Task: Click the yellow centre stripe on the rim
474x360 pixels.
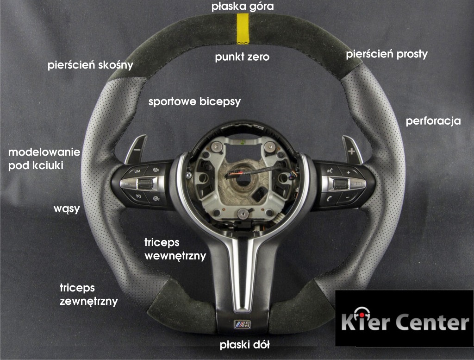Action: [x=242, y=29]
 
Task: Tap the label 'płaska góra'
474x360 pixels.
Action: [x=243, y=6]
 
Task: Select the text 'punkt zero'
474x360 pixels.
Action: [x=242, y=57]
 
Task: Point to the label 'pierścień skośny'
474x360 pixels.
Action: [x=90, y=65]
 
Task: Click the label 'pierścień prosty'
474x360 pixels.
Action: [x=387, y=55]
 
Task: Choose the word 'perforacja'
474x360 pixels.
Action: [x=433, y=121]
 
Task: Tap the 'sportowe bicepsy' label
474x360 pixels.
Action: [x=195, y=102]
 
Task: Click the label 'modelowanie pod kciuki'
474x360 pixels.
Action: [x=44, y=159]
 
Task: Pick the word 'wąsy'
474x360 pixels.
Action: [x=67, y=209]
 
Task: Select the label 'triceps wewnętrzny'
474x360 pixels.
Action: [x=175, y=249]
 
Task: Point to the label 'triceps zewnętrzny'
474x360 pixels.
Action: [x=89, y=294]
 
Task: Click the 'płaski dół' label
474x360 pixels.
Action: [x=244, y=345]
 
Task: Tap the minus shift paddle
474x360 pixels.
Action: [x=136, y=149]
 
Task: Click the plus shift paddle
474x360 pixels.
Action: [x=352, y=150]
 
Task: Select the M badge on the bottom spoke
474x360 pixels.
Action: [x=243, y=324]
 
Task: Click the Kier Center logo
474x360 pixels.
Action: [x=405, y=318]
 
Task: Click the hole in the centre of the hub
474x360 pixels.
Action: [x=242, y=179]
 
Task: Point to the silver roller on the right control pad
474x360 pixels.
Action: [x=341, y=183]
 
